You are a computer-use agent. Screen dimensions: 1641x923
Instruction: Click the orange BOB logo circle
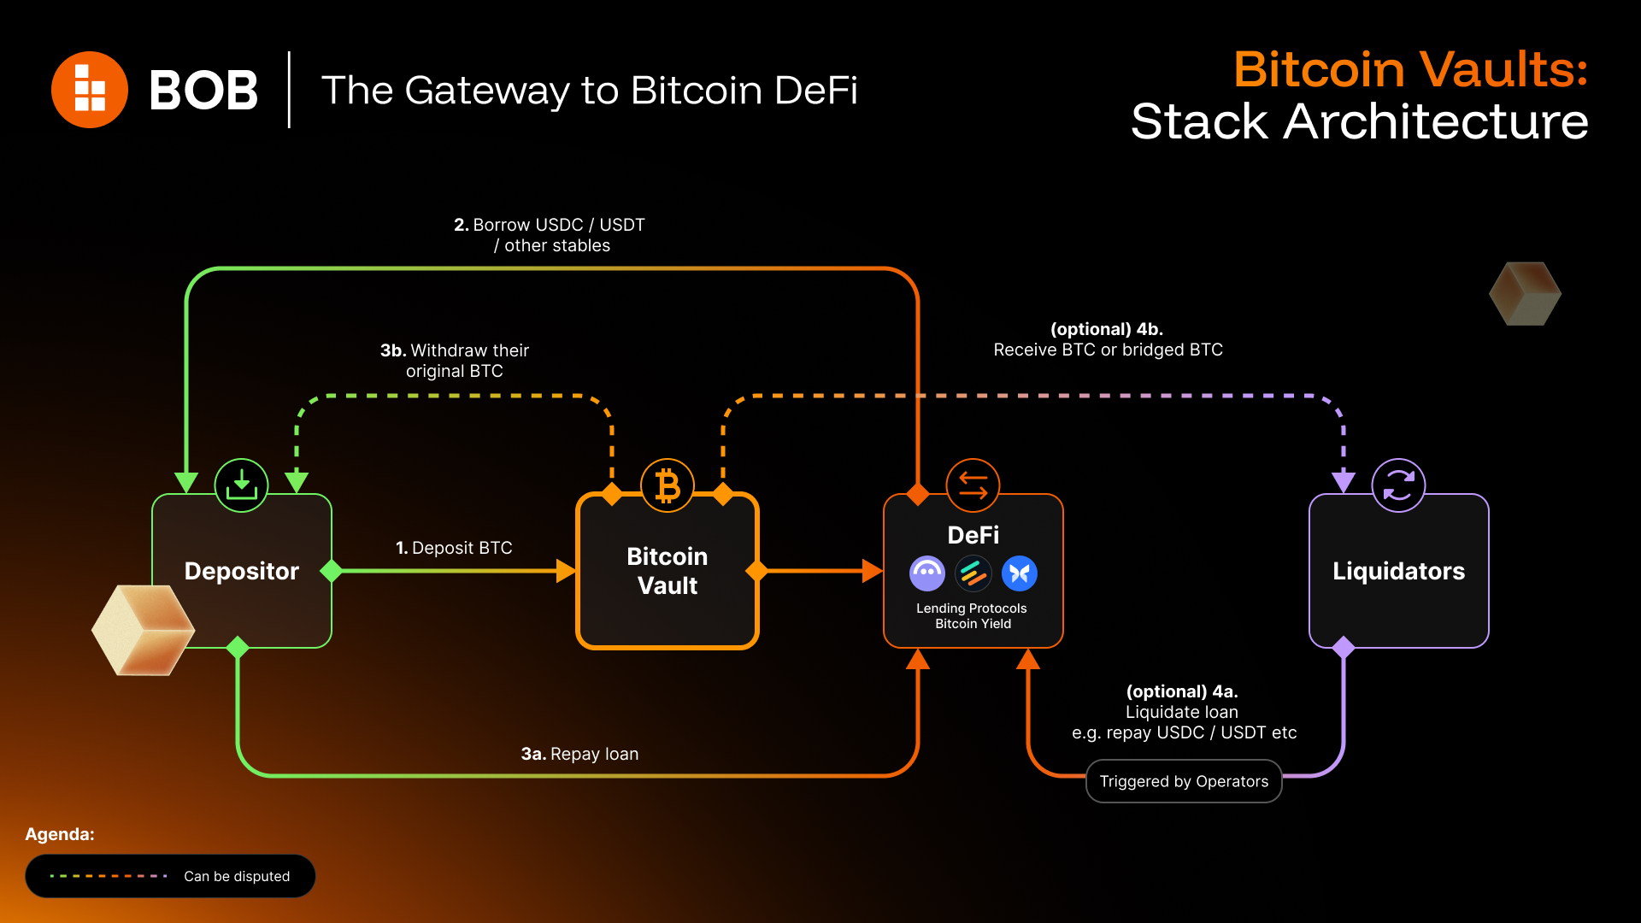click(x=90, y=90)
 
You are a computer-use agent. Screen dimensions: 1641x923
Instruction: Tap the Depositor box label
click(x=242, y=571)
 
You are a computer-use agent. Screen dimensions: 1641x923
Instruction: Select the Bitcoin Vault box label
click(x=668, y=571)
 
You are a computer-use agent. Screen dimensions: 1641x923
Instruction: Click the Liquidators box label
click(x=1399, y=571)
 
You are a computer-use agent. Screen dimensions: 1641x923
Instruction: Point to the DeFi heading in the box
click(x=973, y=535)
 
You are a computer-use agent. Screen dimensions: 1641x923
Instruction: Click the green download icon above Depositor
click(x=242, y=485)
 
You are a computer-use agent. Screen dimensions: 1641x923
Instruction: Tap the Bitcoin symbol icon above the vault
click(x=668, y=485)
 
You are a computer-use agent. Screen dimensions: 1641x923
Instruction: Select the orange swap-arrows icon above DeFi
click(x=973, y=485)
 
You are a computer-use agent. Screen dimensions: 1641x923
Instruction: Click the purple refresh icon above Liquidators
click(x=1399, y=485)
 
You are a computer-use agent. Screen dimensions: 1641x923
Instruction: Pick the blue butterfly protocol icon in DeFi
click(x=1020, y=573)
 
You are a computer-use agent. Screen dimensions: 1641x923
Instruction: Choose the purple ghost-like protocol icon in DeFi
click(x=927, y=573)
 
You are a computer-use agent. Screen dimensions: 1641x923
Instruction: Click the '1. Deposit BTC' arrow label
click(x=454, y=548)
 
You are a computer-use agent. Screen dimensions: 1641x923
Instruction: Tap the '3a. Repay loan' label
click(x=580, y=754)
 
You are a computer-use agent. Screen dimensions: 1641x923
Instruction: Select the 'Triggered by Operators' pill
click(x=1184, y=781)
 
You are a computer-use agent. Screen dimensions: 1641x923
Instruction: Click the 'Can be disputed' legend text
click(x=237, y=876)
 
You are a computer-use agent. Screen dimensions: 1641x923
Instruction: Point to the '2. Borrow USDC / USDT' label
click(x=550, y=225)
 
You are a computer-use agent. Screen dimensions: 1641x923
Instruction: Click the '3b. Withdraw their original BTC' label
click(x=455, y=361)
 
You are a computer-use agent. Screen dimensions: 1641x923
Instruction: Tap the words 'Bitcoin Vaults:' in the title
click(x=1411, y=69)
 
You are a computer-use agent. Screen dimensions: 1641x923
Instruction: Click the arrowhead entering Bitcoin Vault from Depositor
click(x=567, y=571)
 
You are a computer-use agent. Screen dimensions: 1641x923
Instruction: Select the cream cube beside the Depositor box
click(x=144, y=630)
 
